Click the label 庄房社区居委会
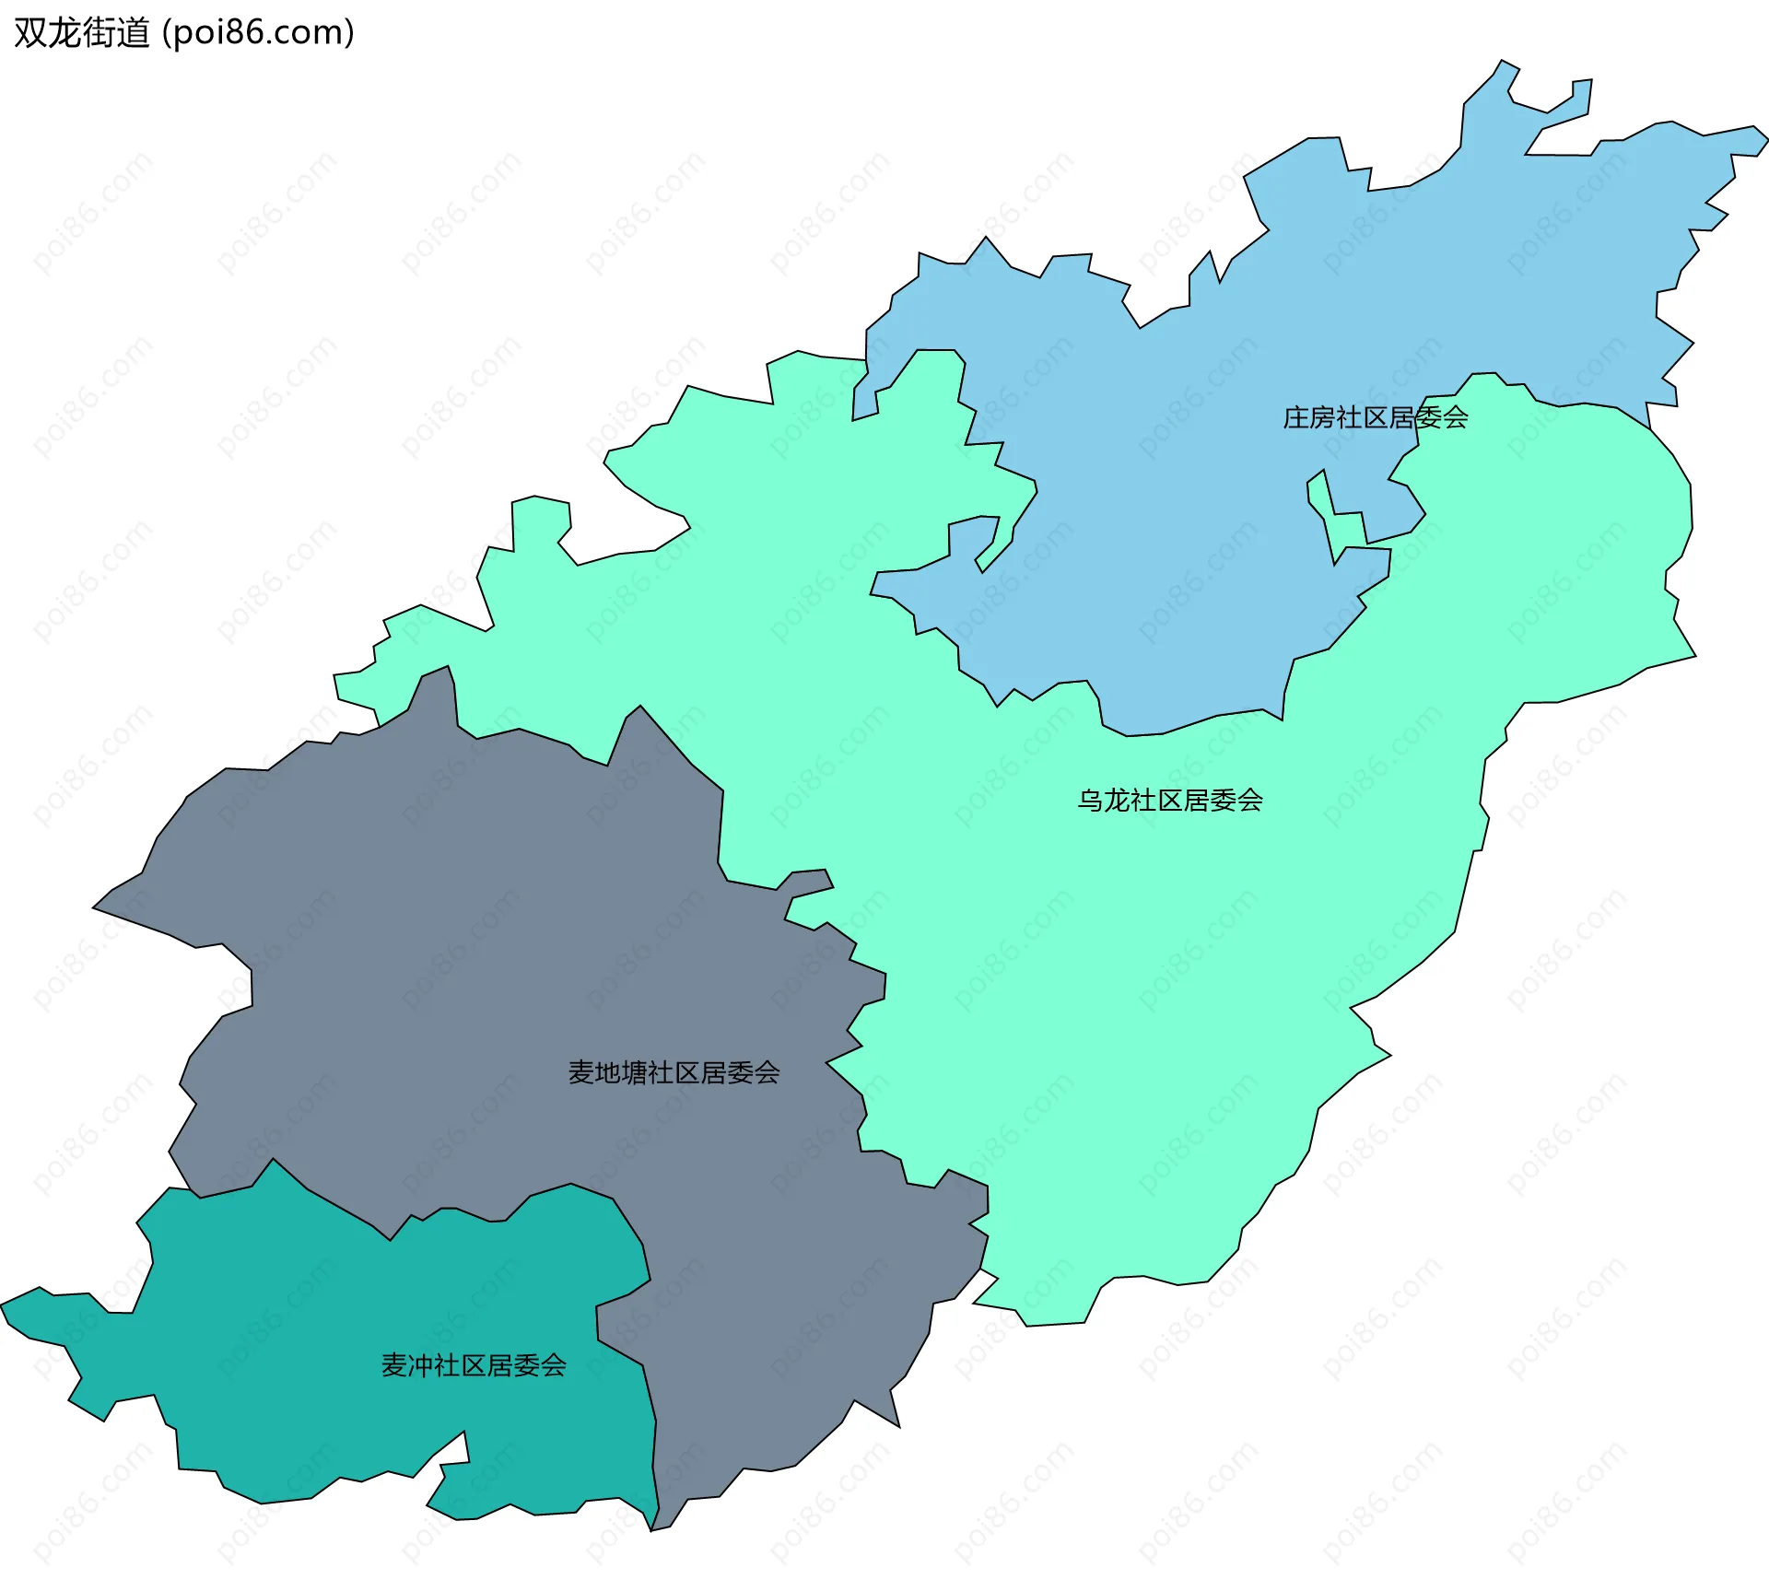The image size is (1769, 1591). [1375, 418]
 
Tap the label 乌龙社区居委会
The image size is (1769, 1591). [1169, 801]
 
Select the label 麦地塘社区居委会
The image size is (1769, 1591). [674, 1073]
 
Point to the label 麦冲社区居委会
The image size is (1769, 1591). [474, 1366]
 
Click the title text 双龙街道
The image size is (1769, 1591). [82, 33]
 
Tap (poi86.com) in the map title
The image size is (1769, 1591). [258, 33]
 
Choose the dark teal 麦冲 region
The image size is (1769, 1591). [322, 1336]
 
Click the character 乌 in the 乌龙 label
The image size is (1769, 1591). [1090, 801]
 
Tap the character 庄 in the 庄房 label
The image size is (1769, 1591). [1296, 418]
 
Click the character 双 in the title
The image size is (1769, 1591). [30, 33]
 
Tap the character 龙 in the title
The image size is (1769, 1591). [64, 33]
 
